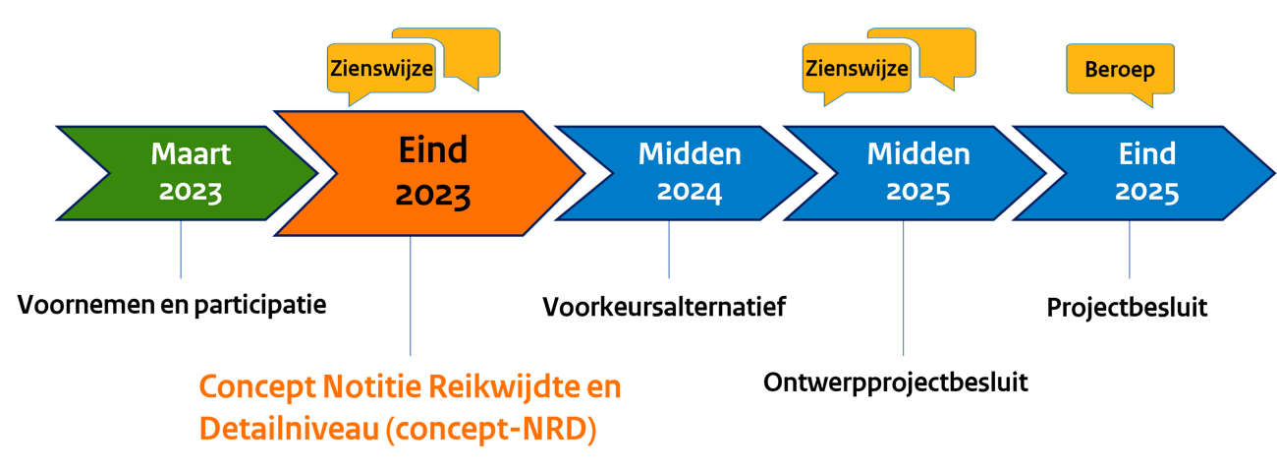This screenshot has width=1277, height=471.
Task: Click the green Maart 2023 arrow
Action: pos(192,173)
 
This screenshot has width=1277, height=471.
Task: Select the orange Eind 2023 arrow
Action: pos(432,173)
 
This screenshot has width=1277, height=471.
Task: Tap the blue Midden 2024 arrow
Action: pos(688,173)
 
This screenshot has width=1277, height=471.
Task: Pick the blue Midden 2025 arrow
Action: pos(917,173)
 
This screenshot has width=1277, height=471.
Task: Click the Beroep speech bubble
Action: pos(1119,71)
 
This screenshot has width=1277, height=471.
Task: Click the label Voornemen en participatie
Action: pos(172,305)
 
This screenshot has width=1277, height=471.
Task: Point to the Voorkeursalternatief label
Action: pos(664,307)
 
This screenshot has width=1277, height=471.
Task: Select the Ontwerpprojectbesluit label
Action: pos(895,382)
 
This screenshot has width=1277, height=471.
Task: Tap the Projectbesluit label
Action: pos(1127,307)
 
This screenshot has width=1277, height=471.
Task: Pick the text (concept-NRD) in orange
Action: pos(491,430)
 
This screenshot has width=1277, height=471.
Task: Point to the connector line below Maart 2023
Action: pos(182,251)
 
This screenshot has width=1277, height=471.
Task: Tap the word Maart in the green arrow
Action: pos(191,154)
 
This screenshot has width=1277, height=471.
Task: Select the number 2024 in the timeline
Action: pos(689,192)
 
